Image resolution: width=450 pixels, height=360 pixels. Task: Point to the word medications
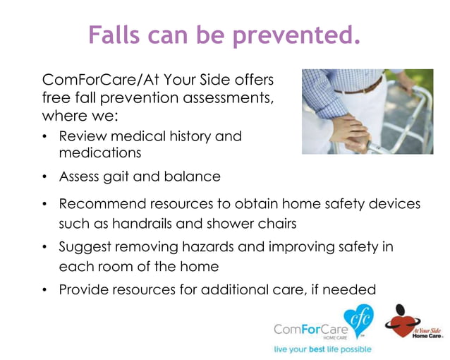pyautogui.click(x=100, y=152)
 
